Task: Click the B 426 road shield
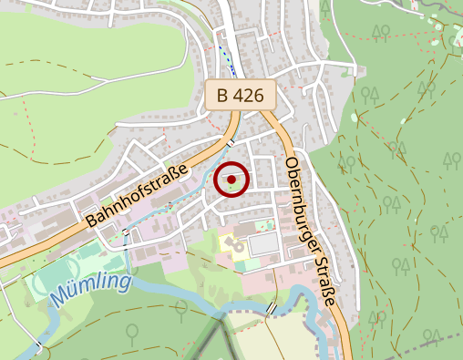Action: coord(241,94)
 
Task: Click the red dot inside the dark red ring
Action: coord(231,180)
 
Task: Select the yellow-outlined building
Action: coord(231,244)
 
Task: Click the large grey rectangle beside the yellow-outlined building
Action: coord(262,243)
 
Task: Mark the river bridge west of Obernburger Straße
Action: coord(272,308)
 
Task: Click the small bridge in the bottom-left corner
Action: coord(39,347)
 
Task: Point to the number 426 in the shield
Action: coord(250,94)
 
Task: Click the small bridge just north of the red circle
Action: coord(231,143)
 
